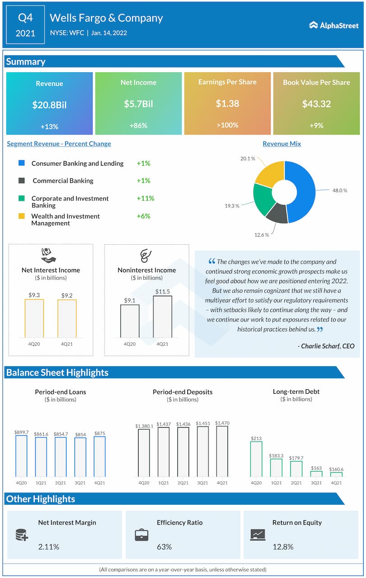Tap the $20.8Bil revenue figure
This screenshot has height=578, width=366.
(49, 105)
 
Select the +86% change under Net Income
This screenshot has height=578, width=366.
(139, 125)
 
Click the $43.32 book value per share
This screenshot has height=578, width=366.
(316, 104)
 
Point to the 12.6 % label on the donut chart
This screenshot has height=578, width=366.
(261, 234)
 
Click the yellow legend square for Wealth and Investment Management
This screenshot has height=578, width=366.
(22, 216)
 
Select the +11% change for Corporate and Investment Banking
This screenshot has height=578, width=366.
(145, 198)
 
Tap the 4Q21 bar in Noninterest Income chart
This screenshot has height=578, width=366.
(162, 317)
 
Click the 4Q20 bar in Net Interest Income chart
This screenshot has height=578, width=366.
(34, 318)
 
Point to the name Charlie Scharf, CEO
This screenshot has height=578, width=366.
(326, 346)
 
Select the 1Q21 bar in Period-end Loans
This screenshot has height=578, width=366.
(41, 457)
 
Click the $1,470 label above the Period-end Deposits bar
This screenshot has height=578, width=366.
(222, 423)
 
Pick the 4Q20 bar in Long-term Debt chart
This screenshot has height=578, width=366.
(256, 459)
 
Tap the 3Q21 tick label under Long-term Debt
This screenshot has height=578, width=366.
(316, 483)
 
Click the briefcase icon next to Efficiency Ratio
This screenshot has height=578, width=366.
(142, 535)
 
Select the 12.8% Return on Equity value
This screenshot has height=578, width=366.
(283, 547)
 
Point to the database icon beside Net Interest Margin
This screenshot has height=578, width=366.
(22, 535)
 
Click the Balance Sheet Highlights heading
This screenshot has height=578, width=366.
(57, 373)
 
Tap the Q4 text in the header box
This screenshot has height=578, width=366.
(25, 18)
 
